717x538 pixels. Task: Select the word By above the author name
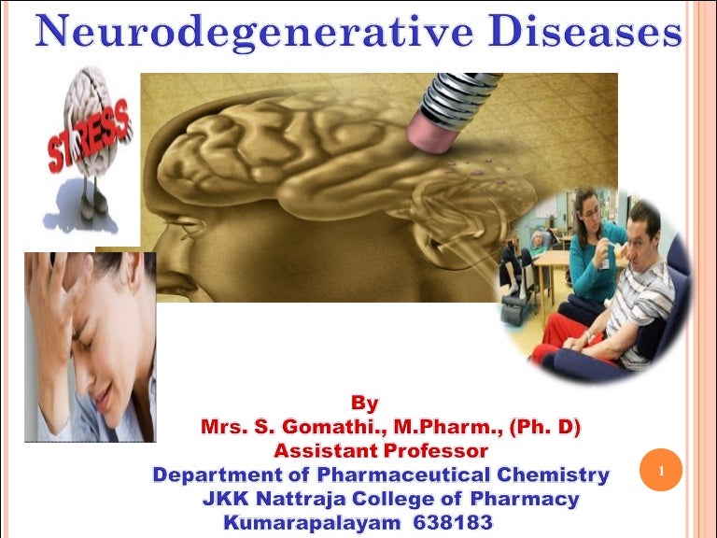click(366, 403)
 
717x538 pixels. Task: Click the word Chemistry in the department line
click(550, 474)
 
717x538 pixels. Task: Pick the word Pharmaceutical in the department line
click(373, 474)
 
